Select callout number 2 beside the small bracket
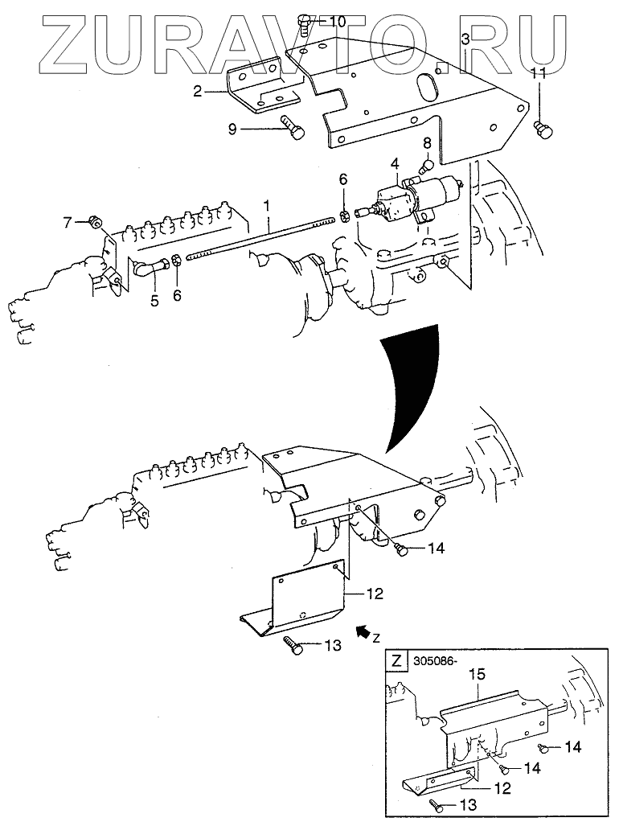(x=198, y=92)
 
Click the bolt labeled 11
(x=542, y=129)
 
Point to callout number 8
(x=427, y=142)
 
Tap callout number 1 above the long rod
(x=267, y=206)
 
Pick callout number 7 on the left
(x=68, y=224)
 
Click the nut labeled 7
(x=94, y=224)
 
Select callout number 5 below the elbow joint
(x=154, y=301)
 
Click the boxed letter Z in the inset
(x=397, y=660)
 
